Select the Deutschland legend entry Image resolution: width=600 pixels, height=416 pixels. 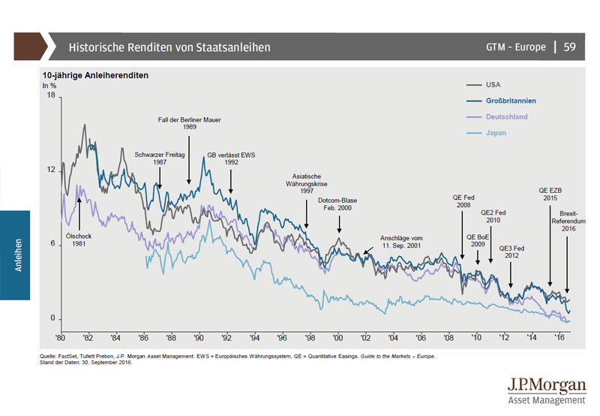[506, 117]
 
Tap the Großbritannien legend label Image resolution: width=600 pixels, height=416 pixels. [510, 101]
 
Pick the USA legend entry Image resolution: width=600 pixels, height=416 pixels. [493, 84]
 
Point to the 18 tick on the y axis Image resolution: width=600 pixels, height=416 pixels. [51, 95]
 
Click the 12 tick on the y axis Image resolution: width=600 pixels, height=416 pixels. [51, 170]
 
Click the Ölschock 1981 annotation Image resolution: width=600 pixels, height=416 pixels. [79, 240]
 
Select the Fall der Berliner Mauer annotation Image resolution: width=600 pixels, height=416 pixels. [189, 122]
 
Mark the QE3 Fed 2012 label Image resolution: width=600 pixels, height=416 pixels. [511, 252]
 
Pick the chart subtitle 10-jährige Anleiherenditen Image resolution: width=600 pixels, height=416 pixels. [94, 76]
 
